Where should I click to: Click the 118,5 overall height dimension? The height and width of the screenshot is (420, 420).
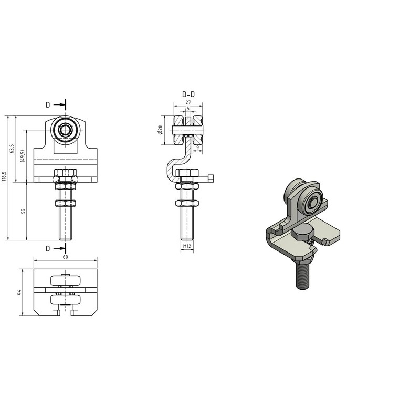click(4, 177)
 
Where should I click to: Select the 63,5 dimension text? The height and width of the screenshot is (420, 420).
click(12, 149)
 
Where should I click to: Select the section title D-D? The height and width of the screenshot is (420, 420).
click(188, 94)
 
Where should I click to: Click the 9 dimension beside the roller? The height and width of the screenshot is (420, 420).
click(197, 148)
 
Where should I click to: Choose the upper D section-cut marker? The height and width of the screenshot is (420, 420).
click(48, 104)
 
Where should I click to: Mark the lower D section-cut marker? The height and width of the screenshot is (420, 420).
click(48, 247)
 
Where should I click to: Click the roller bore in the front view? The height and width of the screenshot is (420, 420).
click(66, 130)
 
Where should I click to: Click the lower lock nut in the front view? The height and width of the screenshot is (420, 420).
click(66, 203)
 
